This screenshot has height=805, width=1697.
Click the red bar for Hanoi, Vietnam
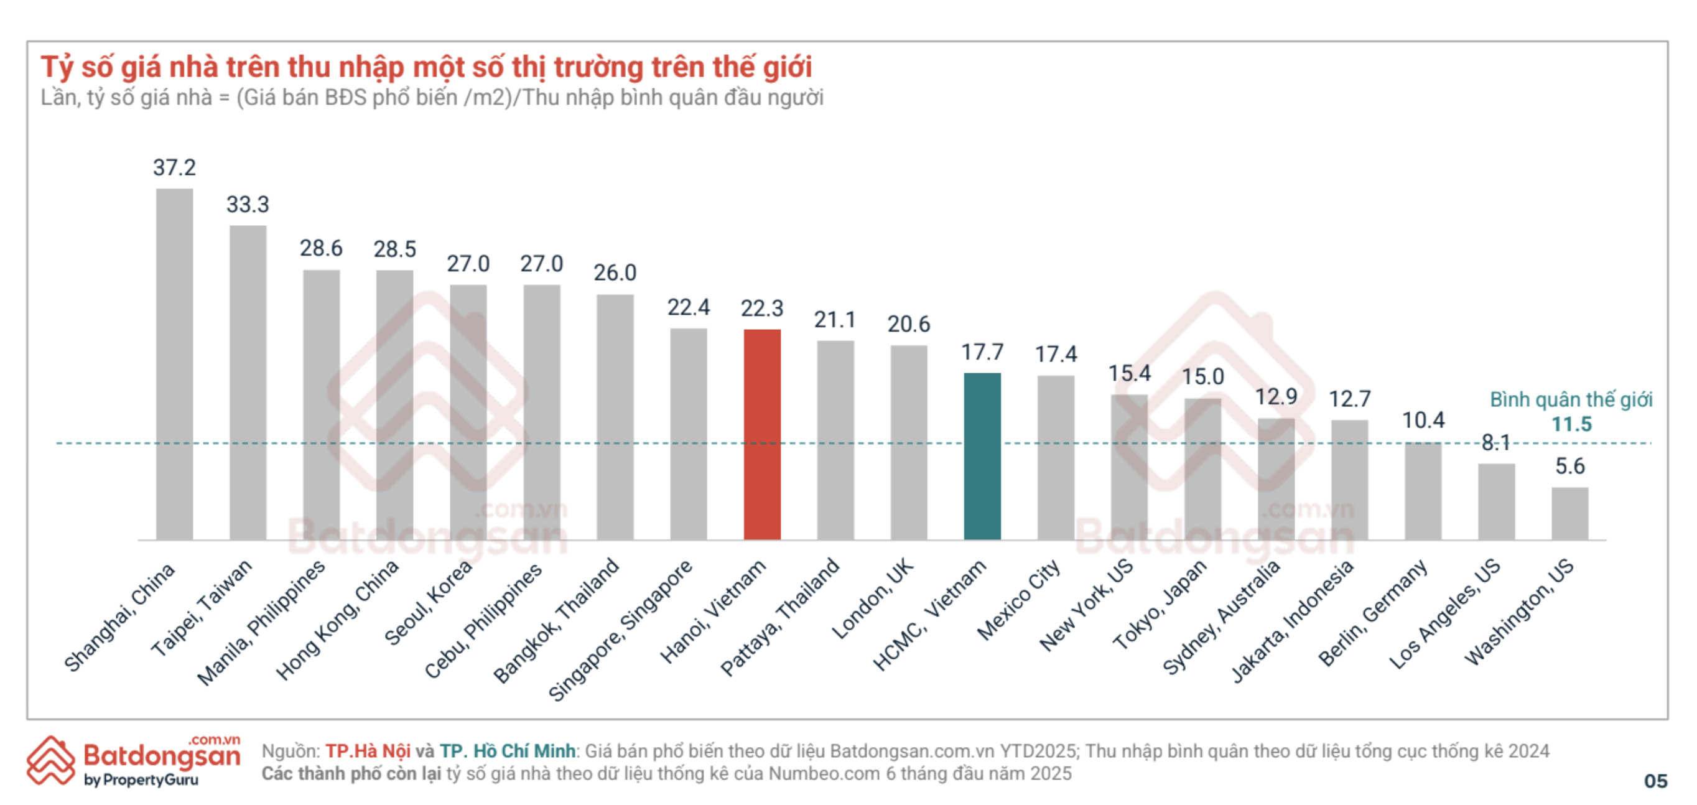coord(762,435)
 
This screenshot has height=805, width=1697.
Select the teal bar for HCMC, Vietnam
coord(982,457)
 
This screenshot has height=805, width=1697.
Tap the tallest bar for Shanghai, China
coord(175,365)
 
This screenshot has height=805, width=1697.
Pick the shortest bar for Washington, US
coord(1570,514)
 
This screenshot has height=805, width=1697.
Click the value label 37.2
coord(175,167)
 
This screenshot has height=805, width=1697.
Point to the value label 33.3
coord(248,204)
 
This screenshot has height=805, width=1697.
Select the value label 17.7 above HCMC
coord(982,353)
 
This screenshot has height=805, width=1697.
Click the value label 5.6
coord(1570,467)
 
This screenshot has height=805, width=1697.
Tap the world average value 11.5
coord(1571,424)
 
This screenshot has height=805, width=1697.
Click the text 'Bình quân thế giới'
coord(1571,400)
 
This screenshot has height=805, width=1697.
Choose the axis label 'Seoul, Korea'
coord(428,603)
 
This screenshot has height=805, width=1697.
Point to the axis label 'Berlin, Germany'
coord(1374,613)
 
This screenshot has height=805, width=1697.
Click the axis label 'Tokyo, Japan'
coord(1160,605)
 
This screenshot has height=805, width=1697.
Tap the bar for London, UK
coord(909,443)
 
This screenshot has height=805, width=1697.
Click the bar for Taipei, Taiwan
coord(248,383)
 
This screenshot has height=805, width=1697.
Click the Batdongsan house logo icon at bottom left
coord(51,760)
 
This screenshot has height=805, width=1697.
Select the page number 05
coord(1655,781)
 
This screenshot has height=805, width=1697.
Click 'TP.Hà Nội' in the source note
coord(368,751)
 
